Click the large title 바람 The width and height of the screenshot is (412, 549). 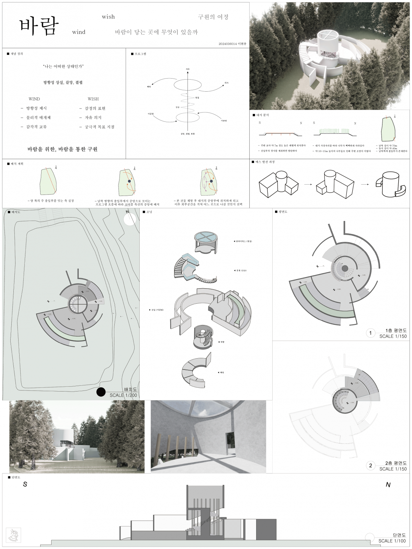coord(38,26)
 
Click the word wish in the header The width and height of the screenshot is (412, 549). coord(108,17)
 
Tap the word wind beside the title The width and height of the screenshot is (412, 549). coord(79,32)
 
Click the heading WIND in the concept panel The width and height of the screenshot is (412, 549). coord(34,99)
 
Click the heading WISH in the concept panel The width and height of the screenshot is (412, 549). coord(93,99)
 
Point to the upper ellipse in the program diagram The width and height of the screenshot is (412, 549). coord(187,84)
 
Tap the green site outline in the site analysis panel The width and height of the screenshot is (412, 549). coord(388,134)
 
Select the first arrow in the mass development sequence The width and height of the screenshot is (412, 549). coord(308,185)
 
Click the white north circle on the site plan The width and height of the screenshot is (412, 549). coord(130,219)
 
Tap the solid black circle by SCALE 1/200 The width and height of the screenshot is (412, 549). coord(101,392)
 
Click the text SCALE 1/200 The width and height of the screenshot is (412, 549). coord(123,395)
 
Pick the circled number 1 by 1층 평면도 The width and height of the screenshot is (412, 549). coord(370,333)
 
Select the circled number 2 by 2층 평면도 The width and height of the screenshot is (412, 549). coord(370,466)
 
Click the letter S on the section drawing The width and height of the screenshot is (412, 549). coord(25,484)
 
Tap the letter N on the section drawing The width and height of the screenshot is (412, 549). coord(388,485)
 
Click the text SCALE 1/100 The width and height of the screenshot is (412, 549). coord(392,541)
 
